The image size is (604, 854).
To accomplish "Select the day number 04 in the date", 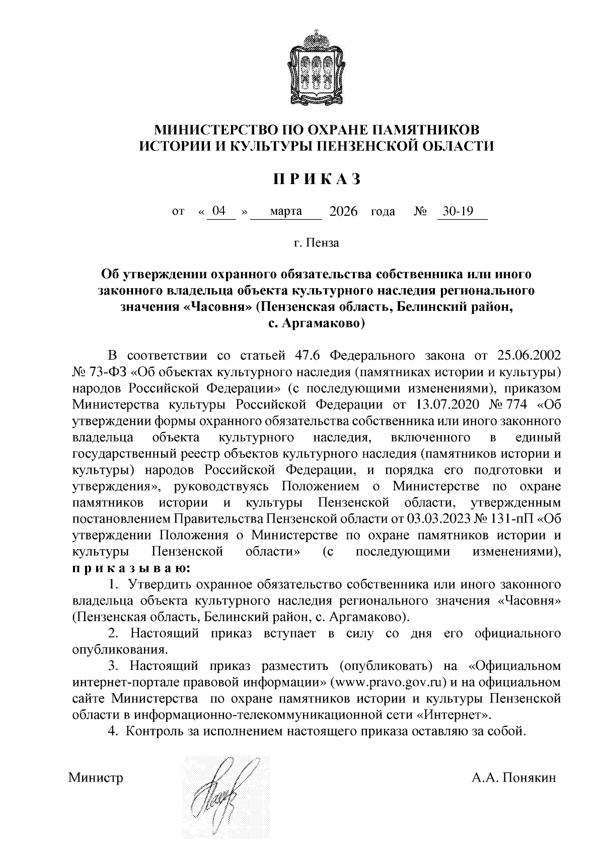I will [x=218, y=211].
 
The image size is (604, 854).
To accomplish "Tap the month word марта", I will [x=286, y=211].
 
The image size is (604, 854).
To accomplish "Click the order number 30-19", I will [x=456, y=211].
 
